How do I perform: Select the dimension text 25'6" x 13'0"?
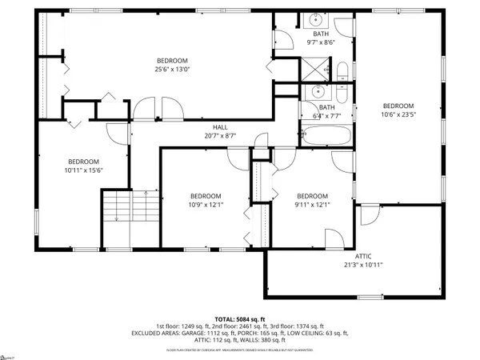(x=172, y=70)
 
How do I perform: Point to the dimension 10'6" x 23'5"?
(x=398, y=114)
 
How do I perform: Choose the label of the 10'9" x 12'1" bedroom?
(x=206, y=196)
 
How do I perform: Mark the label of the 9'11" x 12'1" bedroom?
(x=312, y=196)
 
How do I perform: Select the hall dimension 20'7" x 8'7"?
(x=220, y=136)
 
